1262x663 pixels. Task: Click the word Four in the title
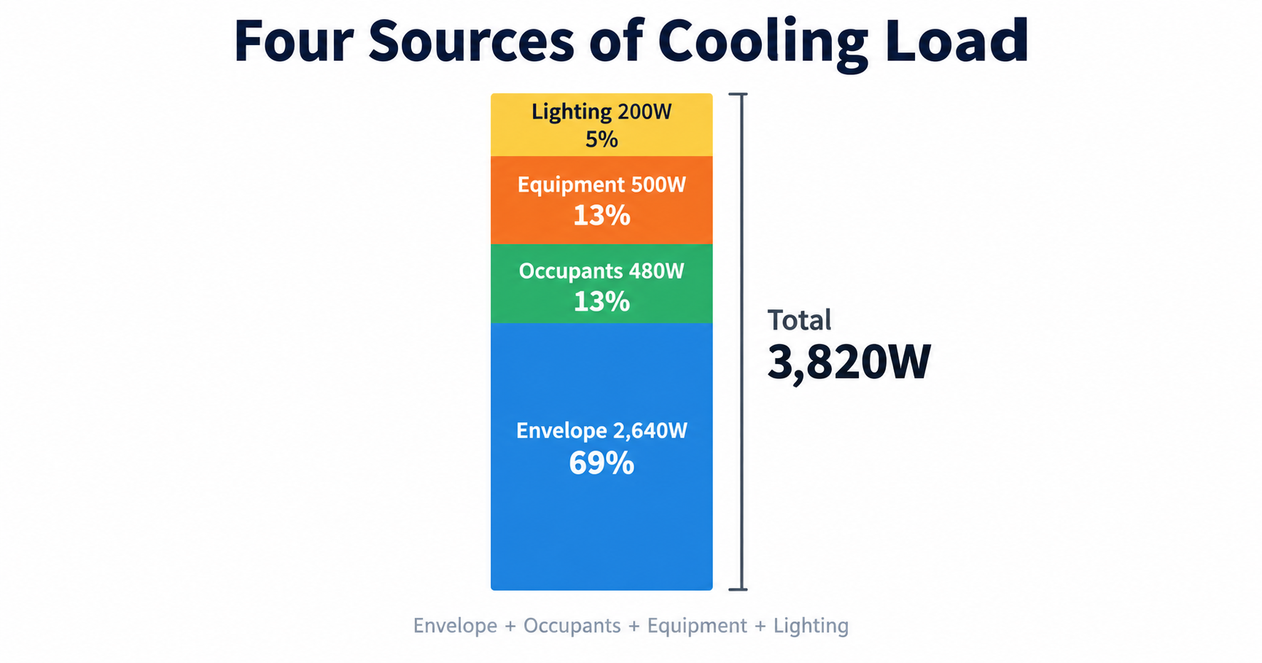pos(293,42)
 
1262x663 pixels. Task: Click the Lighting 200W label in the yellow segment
pos(601,112)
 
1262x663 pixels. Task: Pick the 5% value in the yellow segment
pos(601,139)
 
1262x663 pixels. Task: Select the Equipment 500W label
pos(601,185)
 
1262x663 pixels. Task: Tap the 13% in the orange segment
pos(601,215)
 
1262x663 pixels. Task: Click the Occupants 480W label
pos(601,271)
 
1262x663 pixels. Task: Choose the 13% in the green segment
pos(601,301)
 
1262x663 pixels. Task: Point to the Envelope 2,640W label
pos(601,431)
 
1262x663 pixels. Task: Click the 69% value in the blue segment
pos(601,463)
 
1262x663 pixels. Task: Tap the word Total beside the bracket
pos(799,320)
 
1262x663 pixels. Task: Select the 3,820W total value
pos(849,362)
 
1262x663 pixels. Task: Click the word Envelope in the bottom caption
pos(455,626)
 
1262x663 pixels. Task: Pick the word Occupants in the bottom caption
pos(572,627)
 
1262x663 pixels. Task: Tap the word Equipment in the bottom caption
pos(697,627)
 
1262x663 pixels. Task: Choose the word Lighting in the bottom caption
pos(811,627)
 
